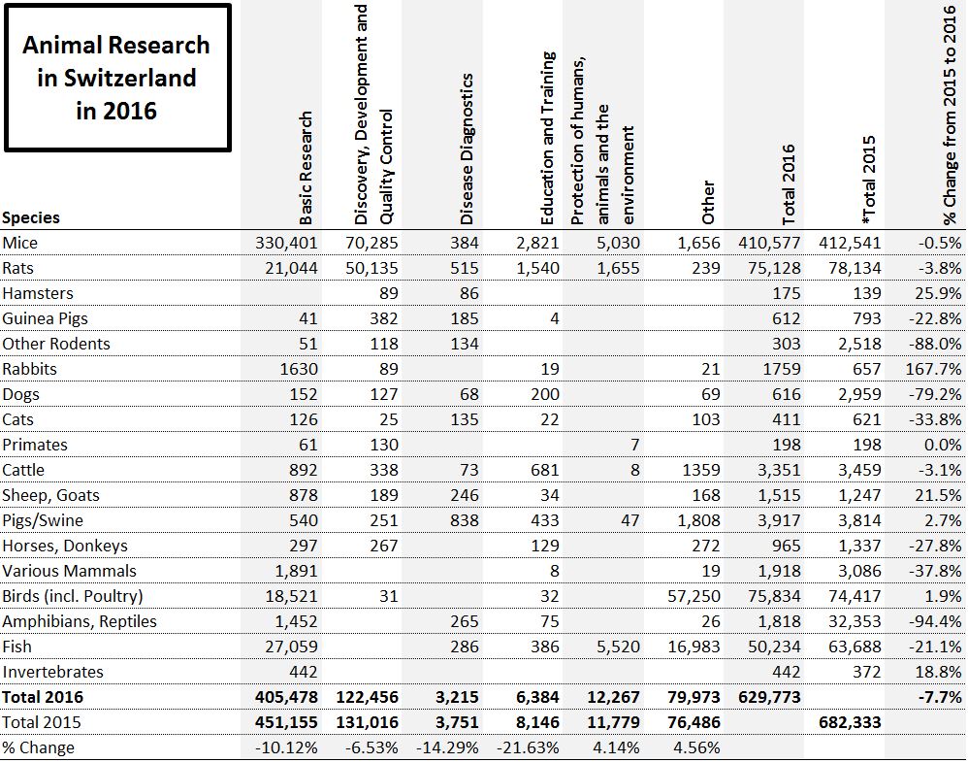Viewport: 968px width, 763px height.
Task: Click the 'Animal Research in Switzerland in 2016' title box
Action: click(x=116, y=78)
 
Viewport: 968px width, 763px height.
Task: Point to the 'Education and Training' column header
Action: click(x=547, y=138)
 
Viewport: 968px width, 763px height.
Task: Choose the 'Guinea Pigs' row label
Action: click(x=42, y=318)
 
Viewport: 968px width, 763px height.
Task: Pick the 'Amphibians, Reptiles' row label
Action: click(x=80, y=621)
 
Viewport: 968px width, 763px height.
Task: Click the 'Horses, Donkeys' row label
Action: click(x=65, y=546)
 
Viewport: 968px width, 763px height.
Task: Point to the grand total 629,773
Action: click(x=768, y=697)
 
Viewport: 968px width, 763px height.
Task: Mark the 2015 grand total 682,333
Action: click(x=851, y=722)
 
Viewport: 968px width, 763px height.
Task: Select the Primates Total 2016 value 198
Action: click(x=787, y=445)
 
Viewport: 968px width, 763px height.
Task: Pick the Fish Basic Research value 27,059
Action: click(x=292, y=647)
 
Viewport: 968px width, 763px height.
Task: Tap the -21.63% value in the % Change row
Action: click(x=528, y=747)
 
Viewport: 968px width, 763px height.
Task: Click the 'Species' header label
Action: click(x=31, y=217)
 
